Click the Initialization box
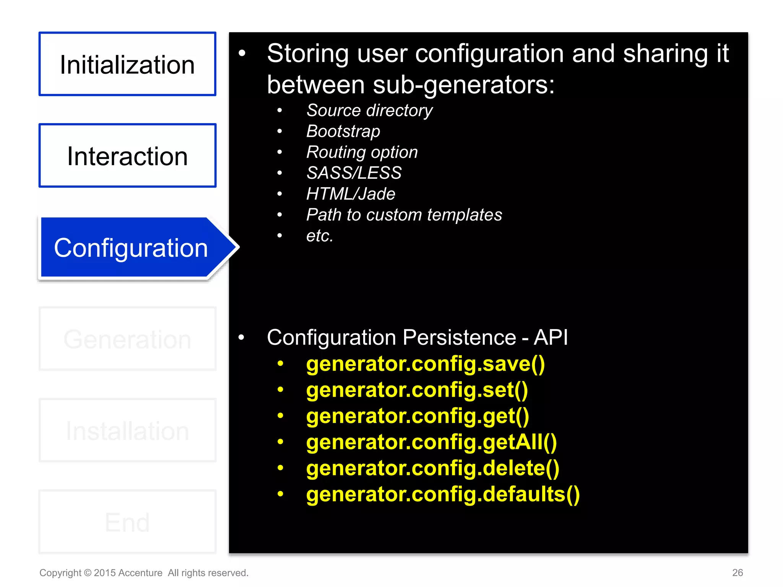point(127,64)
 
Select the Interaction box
point(127,156)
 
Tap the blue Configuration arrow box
point(131,248)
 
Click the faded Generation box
point(127,339)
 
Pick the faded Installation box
point(127,430)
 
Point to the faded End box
point(127,522)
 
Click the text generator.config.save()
point(425,364)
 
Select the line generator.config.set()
point(417,390)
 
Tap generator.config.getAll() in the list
point(431,442)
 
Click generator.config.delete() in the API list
point(432,468)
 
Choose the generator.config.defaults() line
point(443,494)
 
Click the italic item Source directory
point(369,110)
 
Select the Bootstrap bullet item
point(343,131)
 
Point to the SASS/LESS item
point(354,173)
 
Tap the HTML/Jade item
point(351,194)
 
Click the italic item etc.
point(320,236)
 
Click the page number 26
point(737,572)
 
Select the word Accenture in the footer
point(140,573)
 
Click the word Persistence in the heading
point(459,337)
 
